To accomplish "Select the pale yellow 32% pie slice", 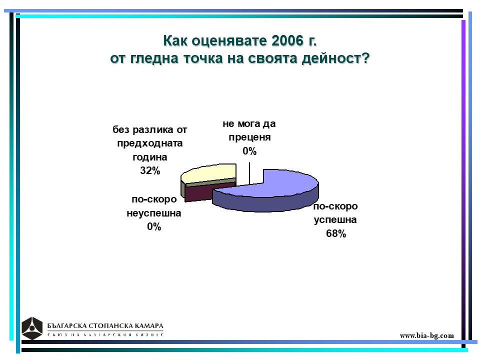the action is (211, 173).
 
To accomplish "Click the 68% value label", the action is (336, 233).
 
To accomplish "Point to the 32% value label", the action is (150, 170).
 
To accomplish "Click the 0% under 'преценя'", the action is (249, 151).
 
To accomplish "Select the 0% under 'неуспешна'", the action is (154, 226).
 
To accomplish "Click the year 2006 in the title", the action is (287, 40).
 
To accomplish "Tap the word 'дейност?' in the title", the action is (336, 58).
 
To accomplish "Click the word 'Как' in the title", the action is (175, 40).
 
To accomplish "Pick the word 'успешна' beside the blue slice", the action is (335, 220).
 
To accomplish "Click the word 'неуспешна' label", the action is (154, 213).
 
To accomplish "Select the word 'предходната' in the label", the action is (150, 143).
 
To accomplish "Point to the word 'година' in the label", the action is (150, 157).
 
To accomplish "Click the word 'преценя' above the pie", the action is (249, 137).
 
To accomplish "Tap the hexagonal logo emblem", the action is (32, 328).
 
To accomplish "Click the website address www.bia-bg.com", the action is (426, 335).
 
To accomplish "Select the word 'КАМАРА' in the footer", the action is (149, 325).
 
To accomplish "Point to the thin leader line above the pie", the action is (249, 173).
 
